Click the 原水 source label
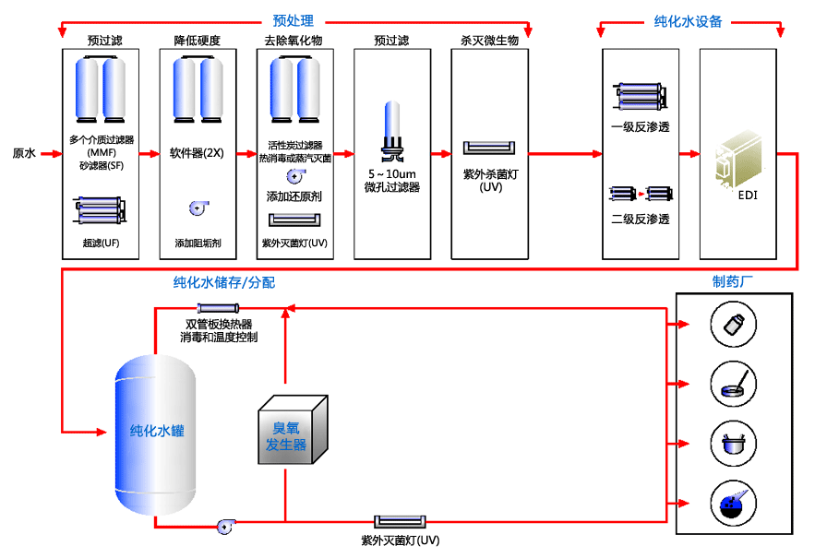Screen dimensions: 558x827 (x=23, y=153)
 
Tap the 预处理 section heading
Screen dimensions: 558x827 (x=294, y=20)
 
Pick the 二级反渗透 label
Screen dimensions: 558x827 (x=640, y=220)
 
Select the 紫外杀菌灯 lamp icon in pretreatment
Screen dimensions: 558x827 (x=490, y=148)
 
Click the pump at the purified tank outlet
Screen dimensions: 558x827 (x=223, y=527)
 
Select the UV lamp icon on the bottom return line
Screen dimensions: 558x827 (x=399, y=523)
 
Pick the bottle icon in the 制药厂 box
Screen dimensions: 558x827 (x=735, y=325)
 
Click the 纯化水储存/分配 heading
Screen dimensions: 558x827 (x=224, y=282)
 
